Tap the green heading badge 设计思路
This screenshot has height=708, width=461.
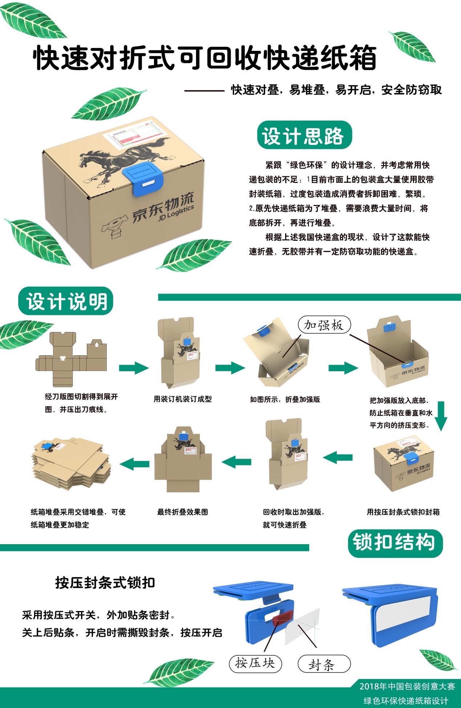pos(304,135)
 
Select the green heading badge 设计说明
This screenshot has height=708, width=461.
pos(66,301)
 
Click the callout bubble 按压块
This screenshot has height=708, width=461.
pos(255,663)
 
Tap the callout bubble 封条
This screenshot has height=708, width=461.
pos(324,664)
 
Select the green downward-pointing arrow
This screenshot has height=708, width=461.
pos(441,416)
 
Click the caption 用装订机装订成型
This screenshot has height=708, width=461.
pos(182,399)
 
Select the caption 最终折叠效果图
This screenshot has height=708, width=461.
pos(182,512)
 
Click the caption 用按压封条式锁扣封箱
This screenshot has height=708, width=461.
pos(403,512)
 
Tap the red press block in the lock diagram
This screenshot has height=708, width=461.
pos(282,616)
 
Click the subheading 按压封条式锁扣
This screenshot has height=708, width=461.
pos(105,583)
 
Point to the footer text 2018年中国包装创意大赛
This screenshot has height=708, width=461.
pos(407,686)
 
